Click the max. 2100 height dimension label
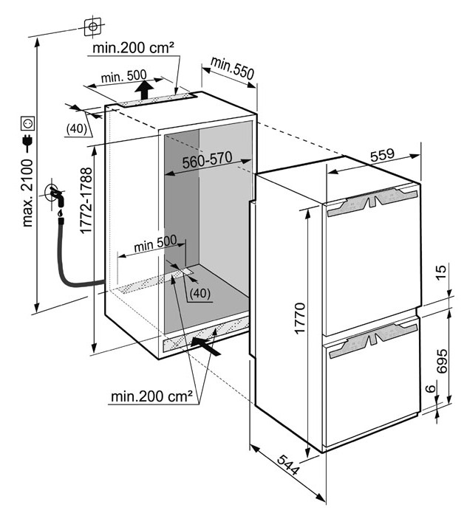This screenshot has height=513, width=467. pyautogui.click(x=27, y=193)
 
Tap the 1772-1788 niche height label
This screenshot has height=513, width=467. pyautogui.click(x=86, y=201)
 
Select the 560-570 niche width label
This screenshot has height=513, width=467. pyautogui.click(x=207, y=160)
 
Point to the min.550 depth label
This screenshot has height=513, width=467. pyautogui.click(x=232, y=68)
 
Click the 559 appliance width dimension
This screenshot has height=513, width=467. pyautogui.click(x=383, y=155)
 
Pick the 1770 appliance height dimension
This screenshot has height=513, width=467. pyautogui.click(x=300, y=318)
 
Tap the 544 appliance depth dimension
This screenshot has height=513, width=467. pyautogui.click(x=288, y=465)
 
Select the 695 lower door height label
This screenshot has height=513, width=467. pyautogui.click(x=441, y=361)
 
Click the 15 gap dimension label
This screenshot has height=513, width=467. pyautogui.click(x=441, y=272)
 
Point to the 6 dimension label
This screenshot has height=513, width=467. pyautogui.click(x=432, y=388)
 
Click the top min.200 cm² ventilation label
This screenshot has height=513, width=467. pyautogui.click(x=133, y=48)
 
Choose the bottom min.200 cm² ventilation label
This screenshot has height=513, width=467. pyautogui.click(x=151, y=396)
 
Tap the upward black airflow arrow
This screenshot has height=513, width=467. pyautogui.click(x=144, y=89)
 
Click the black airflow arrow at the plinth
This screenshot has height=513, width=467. pyautogui.click(x=205, y=346)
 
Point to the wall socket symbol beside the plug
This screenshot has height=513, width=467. pyautogui.click(x=27, y=123)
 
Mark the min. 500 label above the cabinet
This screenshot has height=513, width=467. pyautogui.click(x=123, y=77)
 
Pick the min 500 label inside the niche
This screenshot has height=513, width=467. pyautogui.click(x=155, y=244)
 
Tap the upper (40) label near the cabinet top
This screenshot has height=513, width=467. pyautogui.click(x=77, y=128)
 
